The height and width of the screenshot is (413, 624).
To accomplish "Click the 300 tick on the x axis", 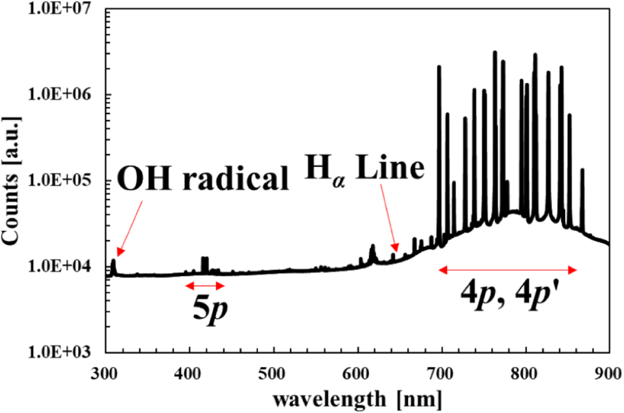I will [x=106, y=371].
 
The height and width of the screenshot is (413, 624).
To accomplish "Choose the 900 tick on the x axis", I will [x=609, y=371].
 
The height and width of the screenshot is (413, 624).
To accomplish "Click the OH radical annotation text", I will [x=203, y=181].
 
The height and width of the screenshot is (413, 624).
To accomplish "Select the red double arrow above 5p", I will [x=205, y=285].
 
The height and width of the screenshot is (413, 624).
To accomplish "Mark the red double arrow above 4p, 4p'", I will [x=507, y=269].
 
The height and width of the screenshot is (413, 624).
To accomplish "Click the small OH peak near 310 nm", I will [x=113, y=264].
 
